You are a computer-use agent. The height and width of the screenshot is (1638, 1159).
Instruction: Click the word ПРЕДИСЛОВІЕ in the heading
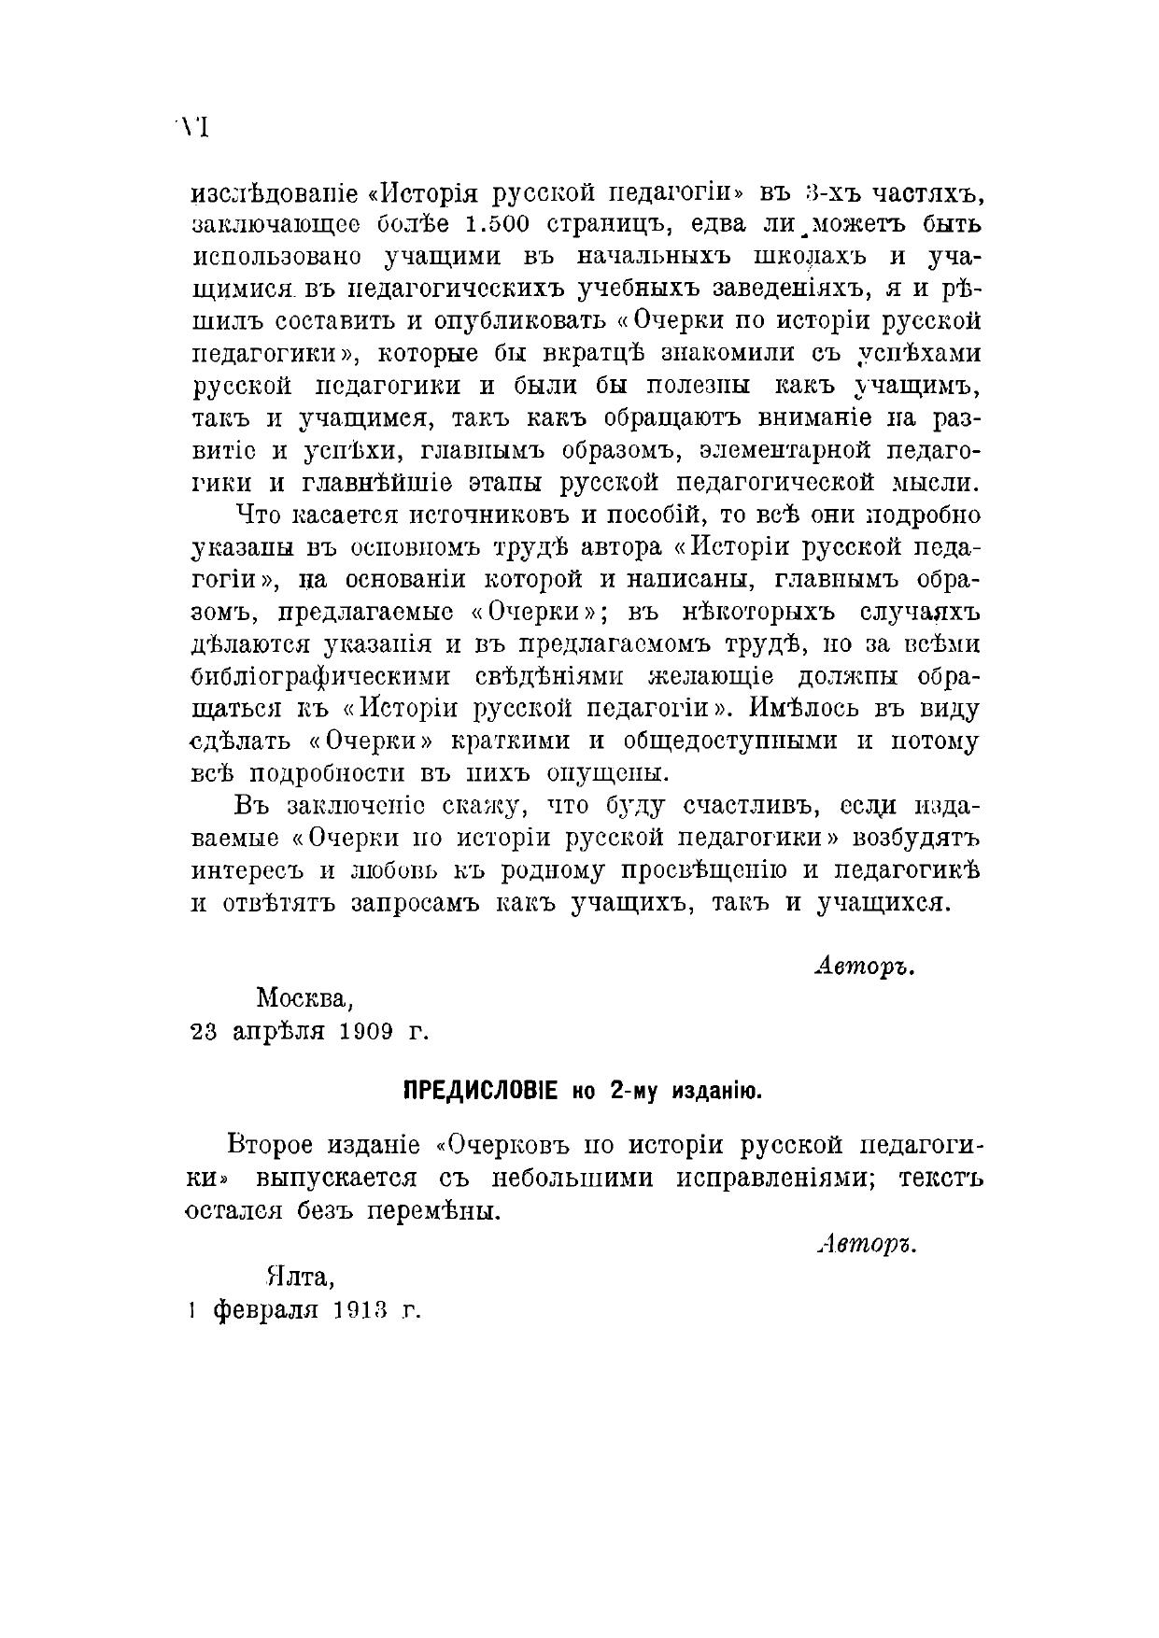pos(480,1091)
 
